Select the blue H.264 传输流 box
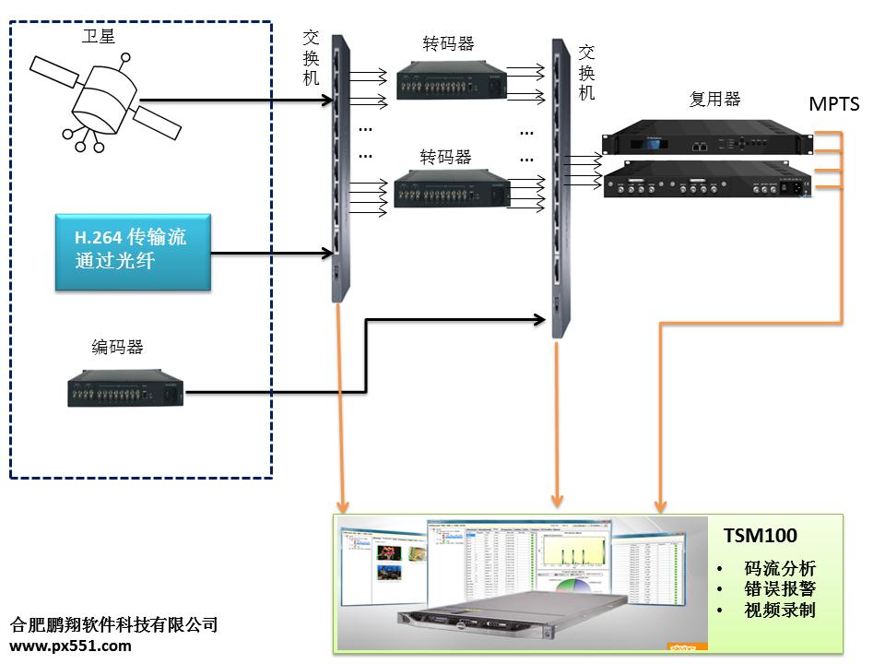(x=133, y=252)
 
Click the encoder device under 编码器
(x=125, y=388)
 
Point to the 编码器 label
(x=117, y=347)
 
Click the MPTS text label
(x=833, y=103)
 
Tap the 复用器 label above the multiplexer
(x=714, y=99)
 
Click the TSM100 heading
(x=760, y=536)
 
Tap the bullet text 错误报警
(x=779, y=589)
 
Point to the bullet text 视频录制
(x=779, y=610)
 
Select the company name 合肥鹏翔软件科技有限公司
(x=113, y=624)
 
